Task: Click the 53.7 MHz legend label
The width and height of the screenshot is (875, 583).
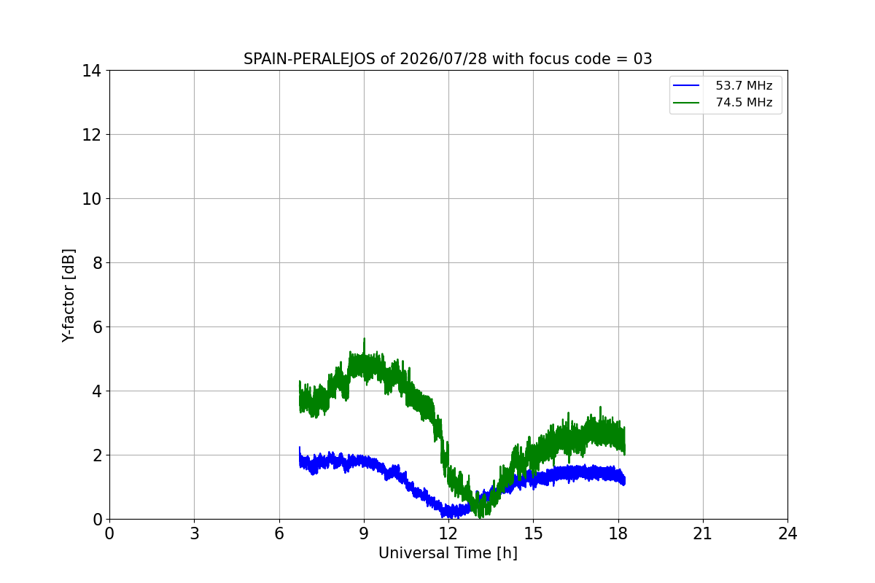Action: point(744,85)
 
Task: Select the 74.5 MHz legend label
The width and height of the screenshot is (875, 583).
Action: point(744,102)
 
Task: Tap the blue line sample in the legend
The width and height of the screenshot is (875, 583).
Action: point(686,85)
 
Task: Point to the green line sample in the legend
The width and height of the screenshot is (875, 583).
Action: point(686,103)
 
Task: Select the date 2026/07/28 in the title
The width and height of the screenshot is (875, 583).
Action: point(443,59)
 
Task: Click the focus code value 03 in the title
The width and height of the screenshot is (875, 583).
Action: point(642,59)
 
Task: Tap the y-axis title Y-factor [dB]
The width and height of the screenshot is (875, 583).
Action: point(69,296)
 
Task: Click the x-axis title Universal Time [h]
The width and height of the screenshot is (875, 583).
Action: point(448,553)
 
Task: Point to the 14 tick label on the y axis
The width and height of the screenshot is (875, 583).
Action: point(91,71)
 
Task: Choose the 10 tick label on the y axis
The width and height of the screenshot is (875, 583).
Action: point(91,199)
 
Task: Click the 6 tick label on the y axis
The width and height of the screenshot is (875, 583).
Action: point(97,327)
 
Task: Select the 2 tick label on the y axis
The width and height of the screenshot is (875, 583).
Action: point(97,455)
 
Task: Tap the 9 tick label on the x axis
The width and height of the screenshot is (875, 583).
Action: point(364,533)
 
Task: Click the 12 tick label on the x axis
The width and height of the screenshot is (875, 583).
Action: point(448,533)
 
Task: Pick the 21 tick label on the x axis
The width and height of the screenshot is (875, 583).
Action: point(703,533)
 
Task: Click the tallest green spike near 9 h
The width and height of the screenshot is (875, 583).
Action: point(365,339)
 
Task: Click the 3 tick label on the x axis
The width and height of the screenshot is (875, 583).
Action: point(195,533)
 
